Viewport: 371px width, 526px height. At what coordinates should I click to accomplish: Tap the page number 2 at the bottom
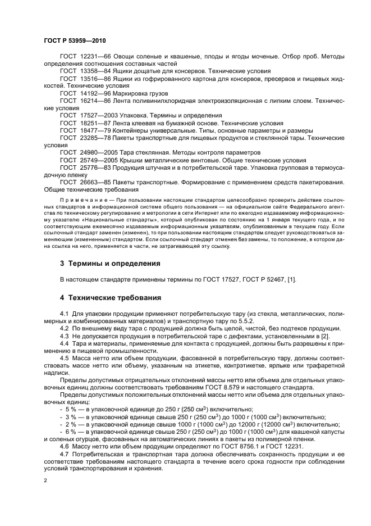tap(45, 480)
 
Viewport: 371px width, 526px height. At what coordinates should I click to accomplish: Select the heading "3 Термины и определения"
tap(110, 263)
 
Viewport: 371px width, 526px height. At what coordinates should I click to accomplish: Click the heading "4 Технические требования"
tap(111, 297)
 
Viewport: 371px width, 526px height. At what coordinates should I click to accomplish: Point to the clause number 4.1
tap(65, 312)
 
